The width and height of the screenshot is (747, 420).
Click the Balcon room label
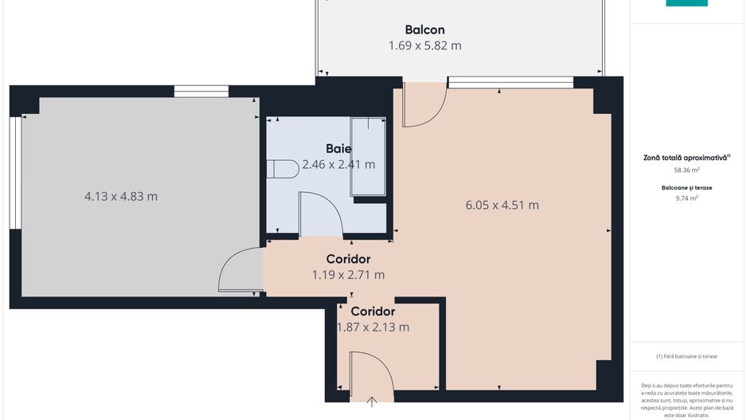click(424, 29)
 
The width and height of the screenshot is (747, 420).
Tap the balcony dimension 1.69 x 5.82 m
click(424, 45)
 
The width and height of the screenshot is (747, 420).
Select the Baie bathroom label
click(338, 148)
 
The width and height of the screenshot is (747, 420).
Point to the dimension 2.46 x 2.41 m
click(338, 165)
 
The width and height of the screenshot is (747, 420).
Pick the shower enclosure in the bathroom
click(369, 156)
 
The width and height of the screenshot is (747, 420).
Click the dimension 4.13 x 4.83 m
click(121, 196)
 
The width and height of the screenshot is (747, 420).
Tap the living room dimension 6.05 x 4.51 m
click(502, 205)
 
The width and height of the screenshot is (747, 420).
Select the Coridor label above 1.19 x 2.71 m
click(348, 259)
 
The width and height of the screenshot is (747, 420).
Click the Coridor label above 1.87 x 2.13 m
click(373, 311)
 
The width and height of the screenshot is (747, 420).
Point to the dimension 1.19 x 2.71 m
click(348, 275)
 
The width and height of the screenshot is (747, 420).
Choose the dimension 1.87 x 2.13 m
click(373, 327)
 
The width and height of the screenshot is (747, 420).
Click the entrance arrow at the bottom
click(373, 401)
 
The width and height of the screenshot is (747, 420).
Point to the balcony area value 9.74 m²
click(686, 198)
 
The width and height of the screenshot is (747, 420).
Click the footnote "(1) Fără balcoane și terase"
click(686, 355)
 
